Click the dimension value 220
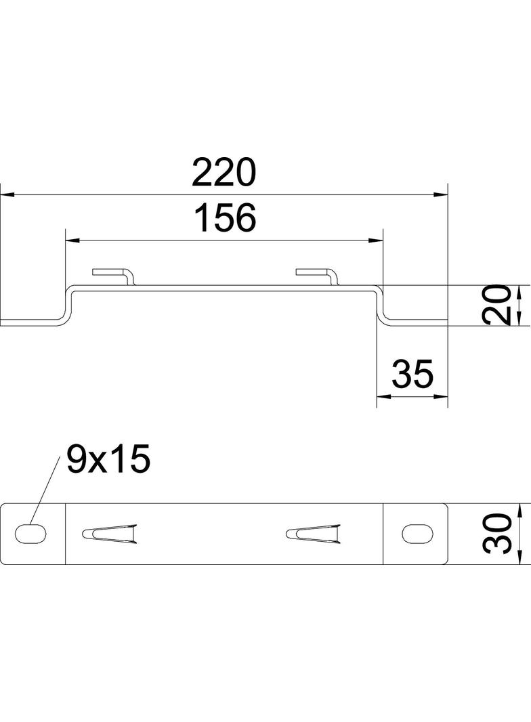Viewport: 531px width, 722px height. pos(224,173)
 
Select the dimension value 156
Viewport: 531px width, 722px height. pos(225,217)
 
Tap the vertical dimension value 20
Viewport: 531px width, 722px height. pos(498,305)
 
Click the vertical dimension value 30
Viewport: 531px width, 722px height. pos(498,533)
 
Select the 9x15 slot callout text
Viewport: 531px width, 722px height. pos(108,459)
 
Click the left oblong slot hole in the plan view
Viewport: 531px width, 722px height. pos(31,534)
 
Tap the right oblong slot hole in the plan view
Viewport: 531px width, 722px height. pos(418,534)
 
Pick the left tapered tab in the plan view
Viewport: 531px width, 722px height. pos(110,534)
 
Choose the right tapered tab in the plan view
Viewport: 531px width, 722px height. pos(313,534)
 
